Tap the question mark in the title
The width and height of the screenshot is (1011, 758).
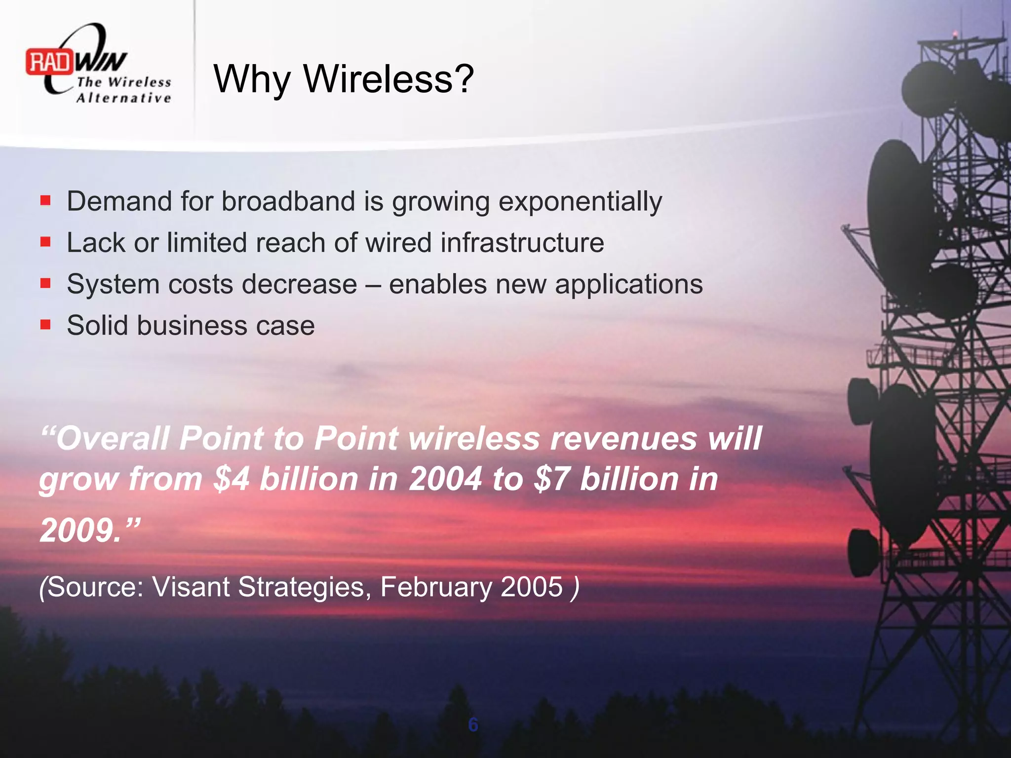tap(463, 78)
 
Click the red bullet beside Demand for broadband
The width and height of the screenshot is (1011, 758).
tap(45, 200)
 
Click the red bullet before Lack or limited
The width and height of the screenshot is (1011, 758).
tap(45, 242)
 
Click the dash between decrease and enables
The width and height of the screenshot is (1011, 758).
tap(373, 285)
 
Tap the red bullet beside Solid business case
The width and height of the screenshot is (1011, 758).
tap(45, 324)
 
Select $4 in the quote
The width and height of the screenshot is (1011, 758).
tap(232, 479)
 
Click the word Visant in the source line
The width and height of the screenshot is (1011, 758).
tap(191, 587)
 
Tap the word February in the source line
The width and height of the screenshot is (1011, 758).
tap(436, 587)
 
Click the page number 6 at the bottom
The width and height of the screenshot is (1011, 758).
tap(473, 725)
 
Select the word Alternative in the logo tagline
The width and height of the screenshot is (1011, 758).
tap(123, 98)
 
